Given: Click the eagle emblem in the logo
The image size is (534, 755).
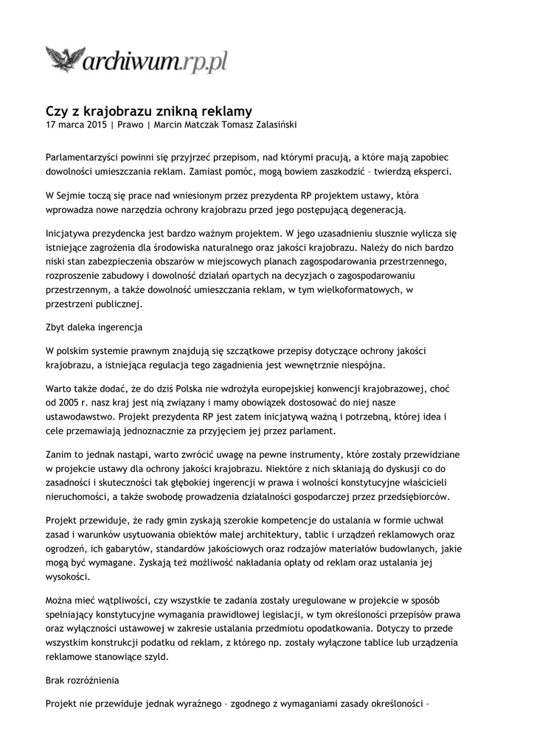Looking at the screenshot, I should click(65, 58).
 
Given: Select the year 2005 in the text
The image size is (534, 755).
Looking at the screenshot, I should click(66, 405).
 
